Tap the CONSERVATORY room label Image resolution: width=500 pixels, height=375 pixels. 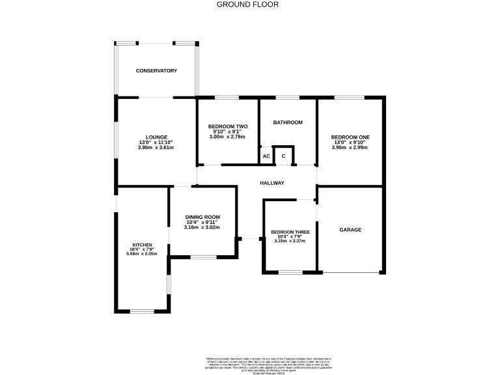tap(156, 70)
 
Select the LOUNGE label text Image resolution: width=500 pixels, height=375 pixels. tap(156, 137)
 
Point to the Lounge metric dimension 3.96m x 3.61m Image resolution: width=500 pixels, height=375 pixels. tap(156, 148)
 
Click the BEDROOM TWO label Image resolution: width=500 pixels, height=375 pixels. tap(228, 126)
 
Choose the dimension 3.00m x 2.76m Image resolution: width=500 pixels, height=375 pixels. tap(228, 137)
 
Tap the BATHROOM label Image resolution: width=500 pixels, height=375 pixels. tap(288, 122)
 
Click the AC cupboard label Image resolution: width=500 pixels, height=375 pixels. tap(266, 157)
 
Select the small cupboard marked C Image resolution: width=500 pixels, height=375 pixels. tap(283, 157)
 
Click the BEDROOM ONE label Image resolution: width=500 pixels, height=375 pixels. tap(350, 137)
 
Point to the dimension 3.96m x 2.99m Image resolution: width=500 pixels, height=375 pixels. tap(350, 148)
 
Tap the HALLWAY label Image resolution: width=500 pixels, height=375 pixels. tap(271, 183)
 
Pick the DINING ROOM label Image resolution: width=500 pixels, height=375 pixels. tap(202, 217)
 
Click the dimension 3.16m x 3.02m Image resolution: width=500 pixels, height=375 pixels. tap(202, 228)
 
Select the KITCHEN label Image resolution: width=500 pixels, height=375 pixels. tap(143, 245)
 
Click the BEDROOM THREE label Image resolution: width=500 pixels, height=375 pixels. tap(290, 232)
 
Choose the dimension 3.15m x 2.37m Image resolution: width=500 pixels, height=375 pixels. tap(290, 242)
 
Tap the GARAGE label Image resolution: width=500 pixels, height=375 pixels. tap(350, 230)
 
